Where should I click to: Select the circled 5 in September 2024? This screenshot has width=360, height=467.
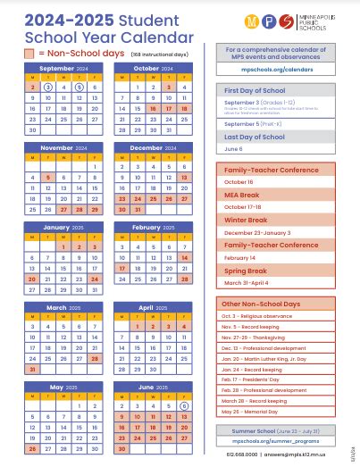(x=79, y=88)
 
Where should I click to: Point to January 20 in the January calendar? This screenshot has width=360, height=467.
(x=32, y=279)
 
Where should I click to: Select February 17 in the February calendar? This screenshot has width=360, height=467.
(x=122, y=267)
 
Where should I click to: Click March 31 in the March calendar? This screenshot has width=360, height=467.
(x=32, y=368)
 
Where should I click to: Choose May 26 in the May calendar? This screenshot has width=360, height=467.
(x=32, y=448)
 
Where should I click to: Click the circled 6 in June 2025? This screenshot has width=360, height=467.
(x=184, y=405)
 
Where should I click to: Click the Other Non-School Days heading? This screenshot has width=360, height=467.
(x=258, y=304)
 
